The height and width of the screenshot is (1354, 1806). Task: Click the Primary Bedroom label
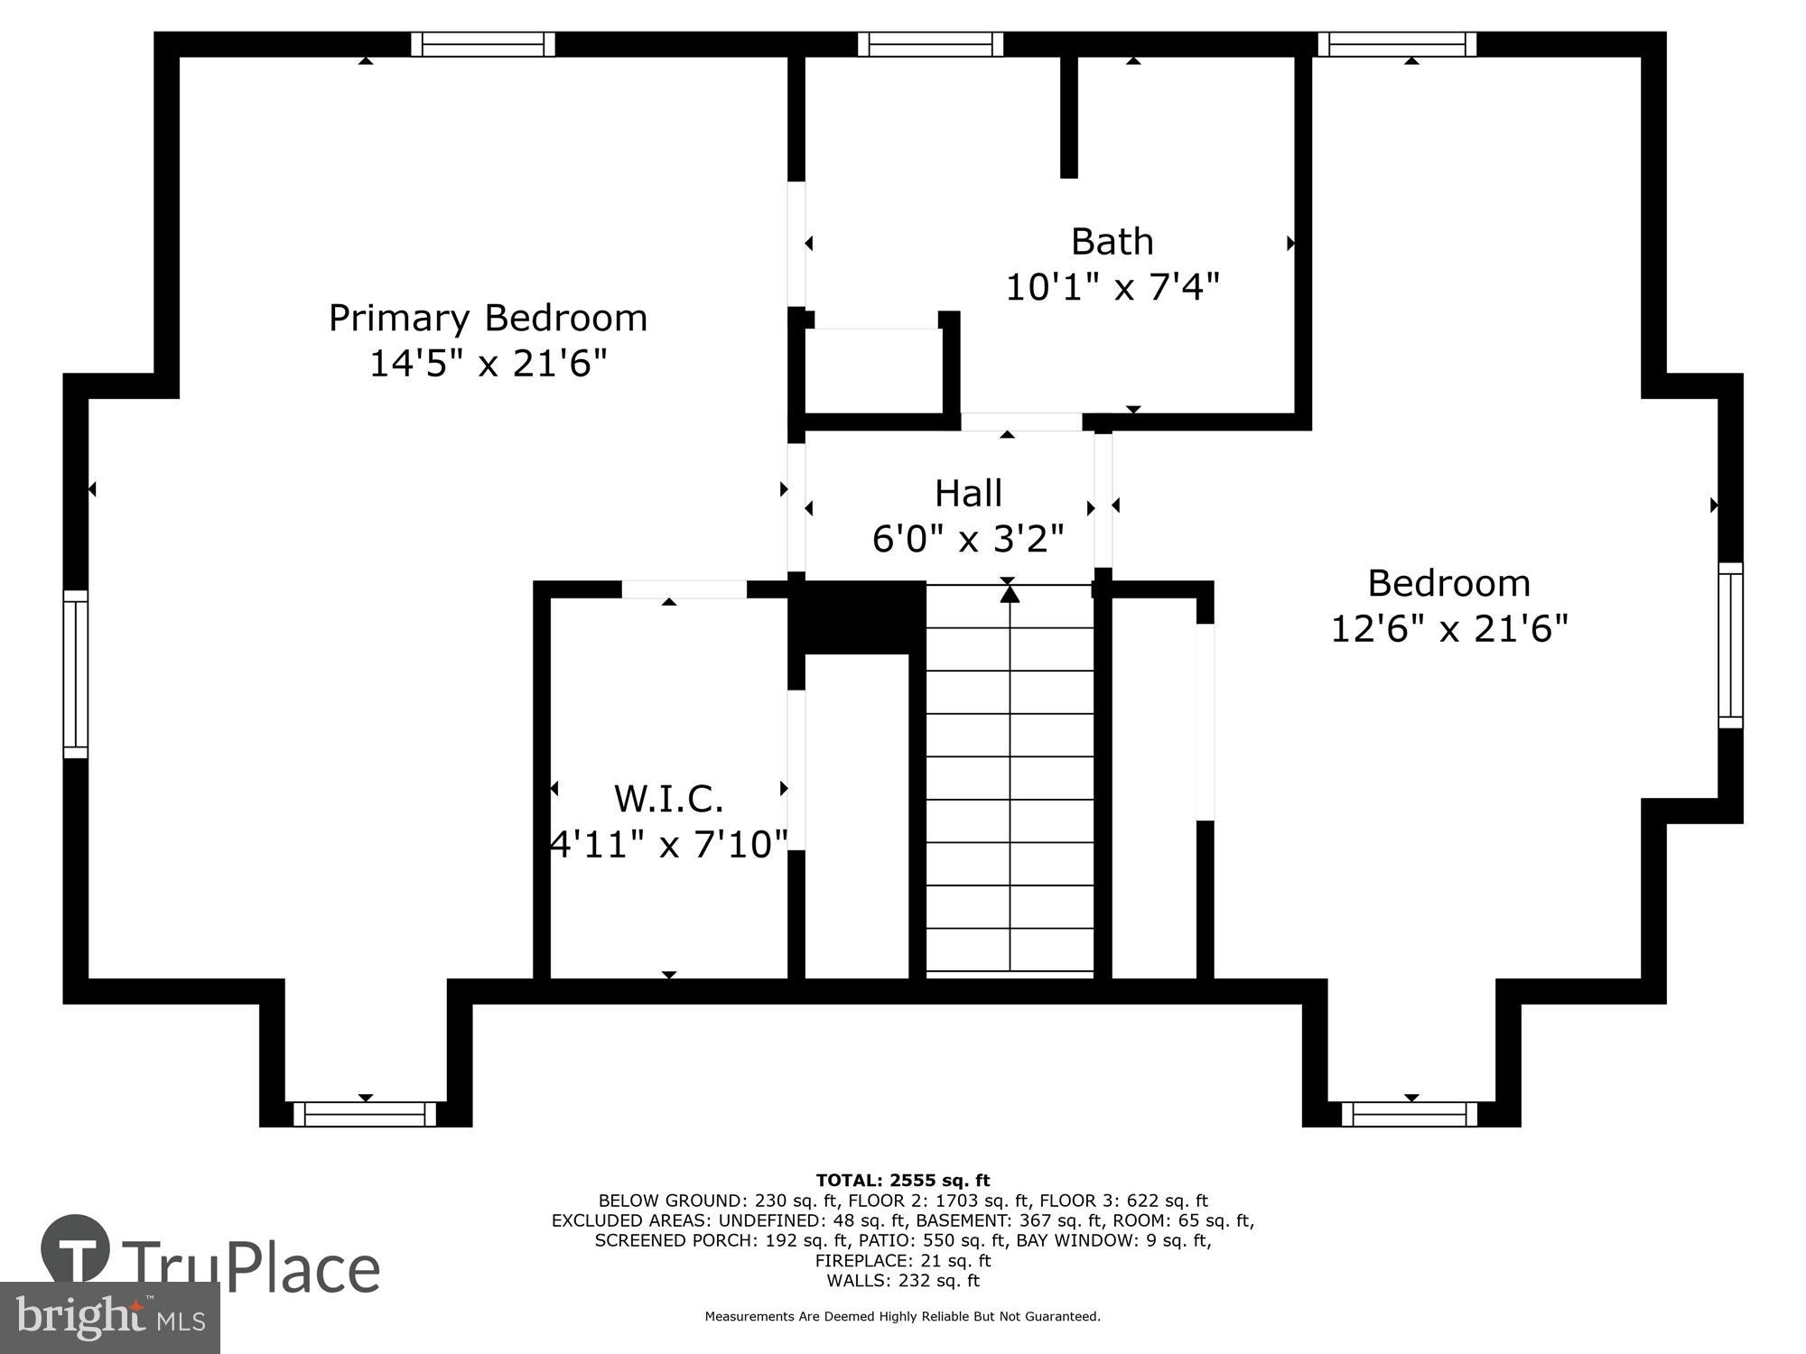488,319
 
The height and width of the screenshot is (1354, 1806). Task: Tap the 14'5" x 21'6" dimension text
488,364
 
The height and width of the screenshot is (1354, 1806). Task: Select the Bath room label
1112,241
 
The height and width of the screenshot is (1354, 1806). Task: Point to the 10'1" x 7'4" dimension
1112,287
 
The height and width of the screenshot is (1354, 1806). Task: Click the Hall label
968,493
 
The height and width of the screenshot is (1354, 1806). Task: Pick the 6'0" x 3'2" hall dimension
968,539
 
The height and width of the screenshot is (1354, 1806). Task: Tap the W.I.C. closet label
668,799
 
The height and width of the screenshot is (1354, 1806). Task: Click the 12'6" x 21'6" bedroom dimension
1449,627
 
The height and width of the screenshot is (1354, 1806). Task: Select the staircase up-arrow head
1010,594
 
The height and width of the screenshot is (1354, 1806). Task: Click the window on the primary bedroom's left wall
76,674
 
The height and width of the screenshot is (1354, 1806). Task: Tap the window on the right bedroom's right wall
1730,645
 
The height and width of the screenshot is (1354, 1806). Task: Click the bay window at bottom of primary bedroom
365,1114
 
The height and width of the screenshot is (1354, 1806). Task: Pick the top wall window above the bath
930,44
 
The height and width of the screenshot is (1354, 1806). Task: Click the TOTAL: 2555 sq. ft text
903,1180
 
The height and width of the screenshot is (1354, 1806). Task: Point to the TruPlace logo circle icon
76,1250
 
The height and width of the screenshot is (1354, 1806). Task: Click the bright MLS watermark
110,1318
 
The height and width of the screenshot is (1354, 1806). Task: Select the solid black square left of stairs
857,617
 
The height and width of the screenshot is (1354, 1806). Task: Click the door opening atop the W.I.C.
684,589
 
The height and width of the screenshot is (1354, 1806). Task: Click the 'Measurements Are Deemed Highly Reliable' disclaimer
903,1316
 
